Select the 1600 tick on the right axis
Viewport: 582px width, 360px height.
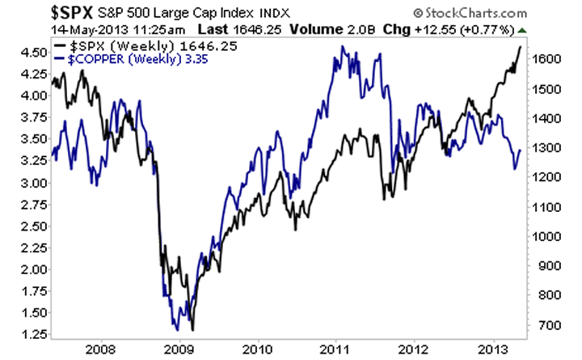(547, 59)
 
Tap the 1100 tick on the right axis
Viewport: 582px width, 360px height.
(547, 206)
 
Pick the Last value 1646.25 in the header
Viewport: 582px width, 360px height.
(208, 30)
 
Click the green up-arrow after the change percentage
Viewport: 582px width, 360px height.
(521, 30)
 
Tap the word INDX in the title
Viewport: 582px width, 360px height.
(252, 14)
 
